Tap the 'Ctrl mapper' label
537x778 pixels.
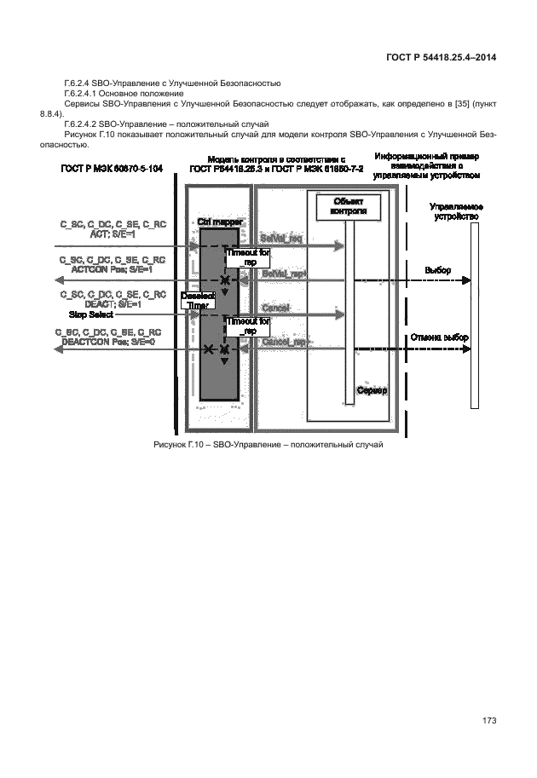[220, 222]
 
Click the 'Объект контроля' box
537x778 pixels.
[348, 205]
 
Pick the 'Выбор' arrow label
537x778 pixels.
[438, 270]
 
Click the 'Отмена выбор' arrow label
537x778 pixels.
[439, 337]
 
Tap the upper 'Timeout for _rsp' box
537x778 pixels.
[247, 257]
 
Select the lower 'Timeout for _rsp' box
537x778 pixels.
[247, 326]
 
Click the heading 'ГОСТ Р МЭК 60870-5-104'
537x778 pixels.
[111, 169]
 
